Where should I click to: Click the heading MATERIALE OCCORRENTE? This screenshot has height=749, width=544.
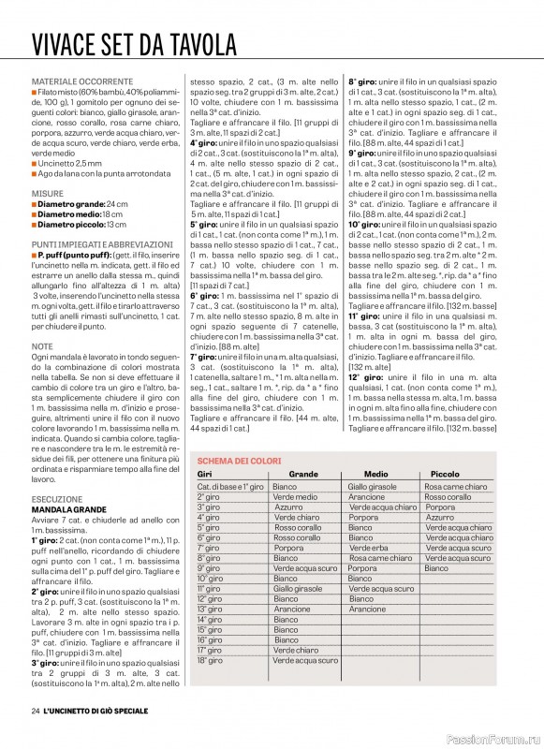point(82,81)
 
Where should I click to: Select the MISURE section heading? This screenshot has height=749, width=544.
point(48,193)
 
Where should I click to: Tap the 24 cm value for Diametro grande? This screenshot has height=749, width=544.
point(117,203)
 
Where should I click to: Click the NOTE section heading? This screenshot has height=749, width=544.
point(42,346)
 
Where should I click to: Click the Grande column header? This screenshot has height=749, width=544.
point(302,475)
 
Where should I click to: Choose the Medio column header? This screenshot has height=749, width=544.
point(375,475)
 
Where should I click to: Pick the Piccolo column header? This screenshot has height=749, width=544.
point(445,475)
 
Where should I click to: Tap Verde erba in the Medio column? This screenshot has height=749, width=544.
point(369,548)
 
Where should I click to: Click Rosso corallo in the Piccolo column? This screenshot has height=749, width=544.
point(448,497)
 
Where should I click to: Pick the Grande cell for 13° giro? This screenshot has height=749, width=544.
point(292,609)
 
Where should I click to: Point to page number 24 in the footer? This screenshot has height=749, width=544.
point(35,712)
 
